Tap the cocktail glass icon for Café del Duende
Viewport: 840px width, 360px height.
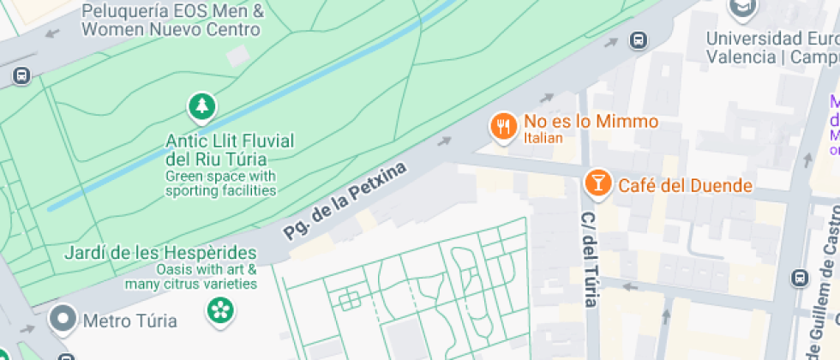597,182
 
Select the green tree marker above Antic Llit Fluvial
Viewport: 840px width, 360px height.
201,107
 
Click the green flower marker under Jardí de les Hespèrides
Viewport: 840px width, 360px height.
219,309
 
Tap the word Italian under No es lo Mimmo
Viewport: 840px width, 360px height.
543,137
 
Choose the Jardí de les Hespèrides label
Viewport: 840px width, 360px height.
161,253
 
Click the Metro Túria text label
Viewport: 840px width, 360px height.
129,321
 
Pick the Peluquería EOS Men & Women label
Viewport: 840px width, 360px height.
172,21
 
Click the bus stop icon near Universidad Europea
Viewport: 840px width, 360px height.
638,39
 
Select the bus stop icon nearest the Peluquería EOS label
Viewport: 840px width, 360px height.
21,75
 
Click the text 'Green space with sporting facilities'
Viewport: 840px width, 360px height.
221,183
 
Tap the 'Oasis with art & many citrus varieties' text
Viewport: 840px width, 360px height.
190,276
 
